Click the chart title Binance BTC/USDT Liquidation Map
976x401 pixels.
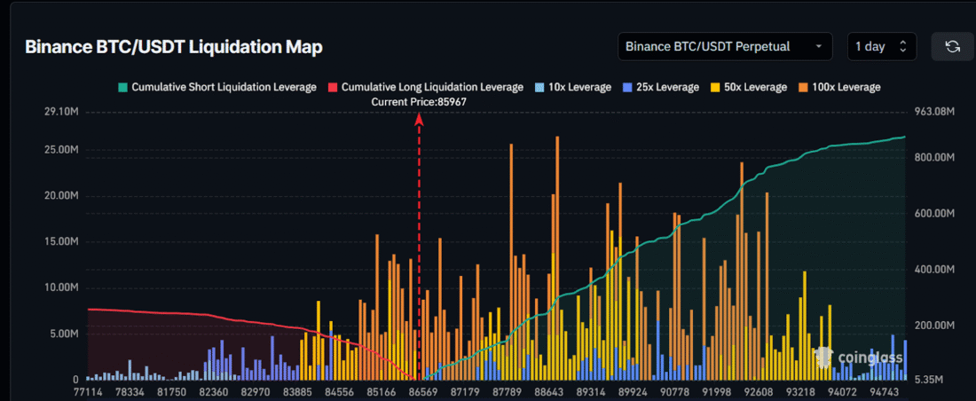pos(173,47)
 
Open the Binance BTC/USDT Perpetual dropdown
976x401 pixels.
pos(725,46)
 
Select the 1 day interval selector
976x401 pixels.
pos(881,46)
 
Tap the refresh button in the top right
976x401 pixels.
pos(952,46)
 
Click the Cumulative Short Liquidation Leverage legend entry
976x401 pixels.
pos(216,87)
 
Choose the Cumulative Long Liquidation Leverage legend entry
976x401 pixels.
pos(425,87)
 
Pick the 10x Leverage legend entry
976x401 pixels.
pos(573,87)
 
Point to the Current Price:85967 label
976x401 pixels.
pos(419,102)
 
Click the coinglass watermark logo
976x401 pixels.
pos(859,358)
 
